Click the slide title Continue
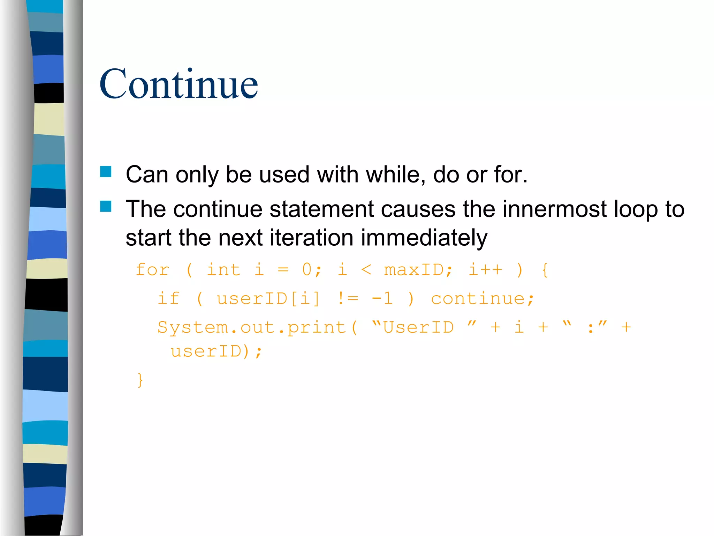[x=178, y=84]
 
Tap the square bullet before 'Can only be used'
[x=106, y=172]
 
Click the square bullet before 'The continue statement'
[x=106, y=206]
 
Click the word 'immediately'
[x=424, y=238]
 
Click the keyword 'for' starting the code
[x=152, y=270]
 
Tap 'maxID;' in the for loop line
[x=418, y=270]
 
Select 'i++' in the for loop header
[x=485, y=270]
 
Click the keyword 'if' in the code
[x=169, y=299]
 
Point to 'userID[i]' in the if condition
[x=268, y=299]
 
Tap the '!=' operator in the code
[x=348, y=299]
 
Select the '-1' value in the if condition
[x=382, y=299]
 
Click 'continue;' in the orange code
[x=483, y=299]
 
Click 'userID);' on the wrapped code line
[x=216, y=351]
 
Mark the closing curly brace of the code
[x=140, y=380]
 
